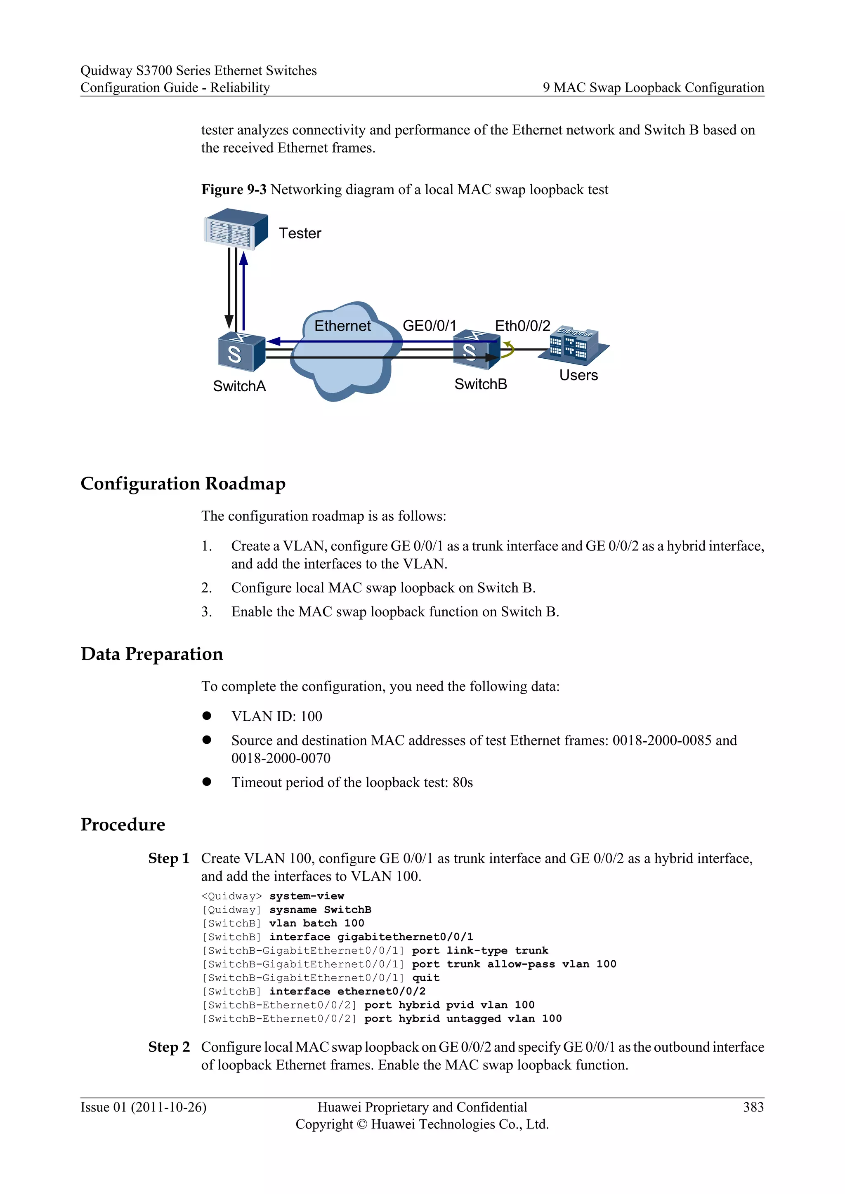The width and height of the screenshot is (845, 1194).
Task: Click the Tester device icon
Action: click(236, 229)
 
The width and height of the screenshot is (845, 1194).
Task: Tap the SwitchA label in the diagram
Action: click(239, 386)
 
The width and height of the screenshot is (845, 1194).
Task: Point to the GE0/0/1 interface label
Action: click(429, 326)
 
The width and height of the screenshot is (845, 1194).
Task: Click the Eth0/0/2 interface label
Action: click(522, 326)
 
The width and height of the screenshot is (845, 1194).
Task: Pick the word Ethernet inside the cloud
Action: click(342, 326)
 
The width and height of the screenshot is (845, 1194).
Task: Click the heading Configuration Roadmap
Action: click(183, 483)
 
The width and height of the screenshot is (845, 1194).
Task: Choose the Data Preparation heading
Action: click(151, 653)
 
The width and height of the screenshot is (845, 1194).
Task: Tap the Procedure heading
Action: click(123, 824)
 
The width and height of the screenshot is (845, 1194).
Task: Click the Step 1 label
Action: click(169, 858)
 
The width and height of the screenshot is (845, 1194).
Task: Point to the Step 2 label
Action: click(169, 1047)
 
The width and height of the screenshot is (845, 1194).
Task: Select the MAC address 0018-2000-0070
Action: click(281, 758)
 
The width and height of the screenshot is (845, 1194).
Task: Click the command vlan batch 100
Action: click(316, 923)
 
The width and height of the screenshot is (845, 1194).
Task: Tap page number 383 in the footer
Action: click(753, 1107)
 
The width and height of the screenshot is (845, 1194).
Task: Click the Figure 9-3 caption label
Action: click(234, 189)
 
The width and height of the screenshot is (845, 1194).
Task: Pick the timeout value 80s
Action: click(463, 782)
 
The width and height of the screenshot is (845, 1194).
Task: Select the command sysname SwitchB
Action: click(320, 910)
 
